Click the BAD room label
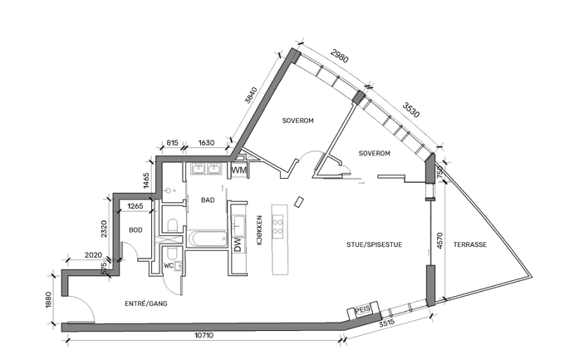(x=208, y=200)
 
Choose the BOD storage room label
(x=135, y=230)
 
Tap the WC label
(x=169, y=265)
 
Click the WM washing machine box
(x=239, y=170)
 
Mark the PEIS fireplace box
(x=362, y=309)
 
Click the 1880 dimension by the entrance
(x=49, y=300)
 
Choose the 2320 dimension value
(x=102, y=224)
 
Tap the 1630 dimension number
(x=206, y=143)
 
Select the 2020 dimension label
(x=93, y=255)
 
